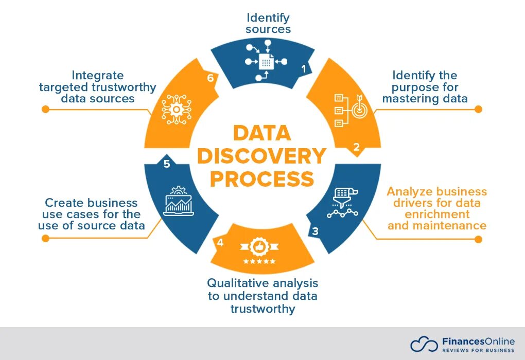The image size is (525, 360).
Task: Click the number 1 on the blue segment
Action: click(x=304, y=68)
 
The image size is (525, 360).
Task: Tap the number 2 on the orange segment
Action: click(x=356, y=147)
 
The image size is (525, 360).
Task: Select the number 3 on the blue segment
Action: click(x=315, y=231)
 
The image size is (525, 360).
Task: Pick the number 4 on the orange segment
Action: click(x=220, y=243)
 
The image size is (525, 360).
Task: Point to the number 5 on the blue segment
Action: click(x=167, y=164)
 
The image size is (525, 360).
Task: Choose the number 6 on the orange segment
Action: click(x=210, y=78)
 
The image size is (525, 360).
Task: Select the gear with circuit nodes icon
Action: click(x=176, y=109)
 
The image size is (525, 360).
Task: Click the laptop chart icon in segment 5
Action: click(x=178, y=201)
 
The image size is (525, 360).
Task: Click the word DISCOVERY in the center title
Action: click(x=261, y=156)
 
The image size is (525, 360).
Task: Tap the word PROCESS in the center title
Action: click(x=261, y=179)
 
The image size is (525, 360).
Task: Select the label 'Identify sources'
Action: click(x=268, y=23)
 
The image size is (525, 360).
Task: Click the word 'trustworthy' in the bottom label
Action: click(x=262, y=309)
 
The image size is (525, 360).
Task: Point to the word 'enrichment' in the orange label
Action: click(x=437, y=214)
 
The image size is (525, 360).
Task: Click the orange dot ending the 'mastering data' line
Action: click(x=478, y=109)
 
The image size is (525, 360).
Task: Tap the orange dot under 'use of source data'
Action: click(x=45, y=238)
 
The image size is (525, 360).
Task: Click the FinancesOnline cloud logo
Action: click(x=424, y=344)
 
